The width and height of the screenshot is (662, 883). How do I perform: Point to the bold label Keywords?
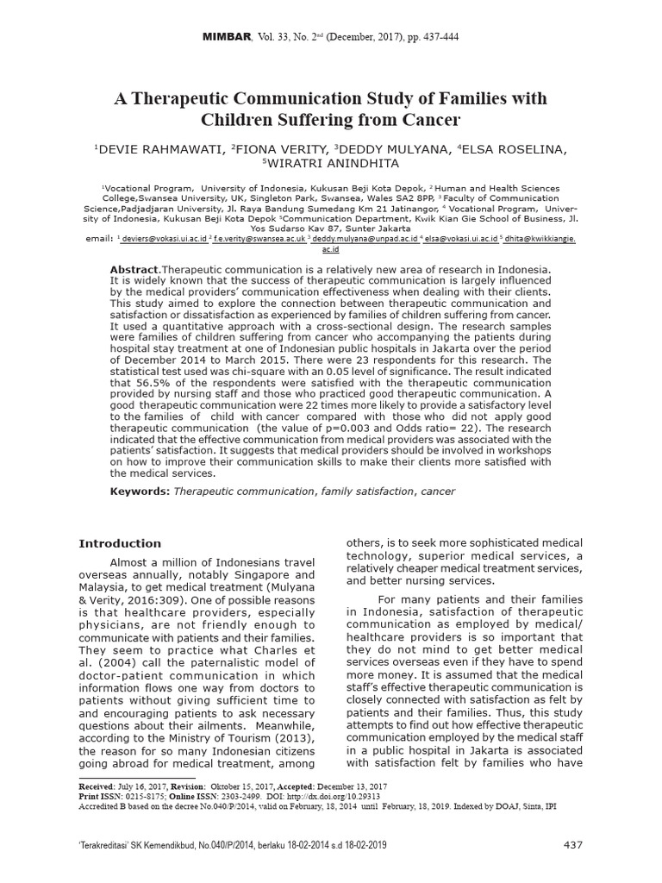pyautogui.click(x=139, y=491)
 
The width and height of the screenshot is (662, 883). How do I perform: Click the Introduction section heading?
pyautogui.click(x=120, y=544)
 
